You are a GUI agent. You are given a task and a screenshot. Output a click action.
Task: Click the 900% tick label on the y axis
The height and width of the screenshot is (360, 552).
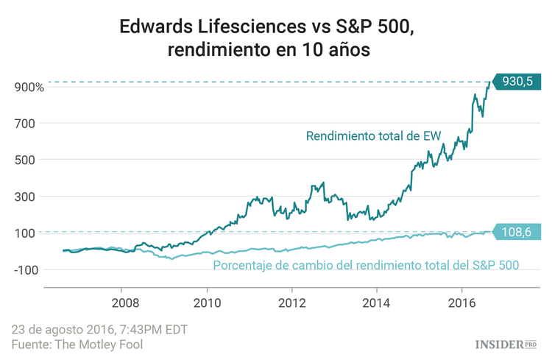[x=29, y=87]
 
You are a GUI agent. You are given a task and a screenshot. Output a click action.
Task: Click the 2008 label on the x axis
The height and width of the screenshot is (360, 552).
[x=125, y=303]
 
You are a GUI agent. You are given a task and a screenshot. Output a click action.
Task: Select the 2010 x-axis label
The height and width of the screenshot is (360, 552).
[x=208, y=303]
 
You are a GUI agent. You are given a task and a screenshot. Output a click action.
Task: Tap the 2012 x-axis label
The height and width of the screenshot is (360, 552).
[x=292, y=303]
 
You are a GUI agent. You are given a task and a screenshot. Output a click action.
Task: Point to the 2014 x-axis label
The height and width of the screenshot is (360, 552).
[x=377, y=303]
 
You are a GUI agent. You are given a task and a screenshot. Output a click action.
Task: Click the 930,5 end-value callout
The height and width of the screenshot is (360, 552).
[x=517, y=82]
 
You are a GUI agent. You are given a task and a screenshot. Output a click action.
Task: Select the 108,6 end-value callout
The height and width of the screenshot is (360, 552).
[x=517, y=232]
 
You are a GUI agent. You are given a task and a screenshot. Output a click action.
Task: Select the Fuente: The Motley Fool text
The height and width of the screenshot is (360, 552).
[x=77, y=344]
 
